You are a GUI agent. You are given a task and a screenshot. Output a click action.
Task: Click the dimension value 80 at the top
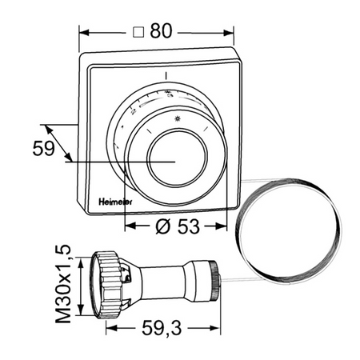click(161, 30)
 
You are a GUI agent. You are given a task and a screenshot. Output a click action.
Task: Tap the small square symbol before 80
click(138, 32)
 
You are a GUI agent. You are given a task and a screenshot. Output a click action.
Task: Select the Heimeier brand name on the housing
click(115, 202)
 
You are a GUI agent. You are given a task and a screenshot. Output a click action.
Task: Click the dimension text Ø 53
click(178, 226)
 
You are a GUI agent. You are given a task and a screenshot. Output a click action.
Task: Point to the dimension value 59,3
click(162, 328)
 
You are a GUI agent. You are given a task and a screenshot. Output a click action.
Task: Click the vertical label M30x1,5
click(63, 284)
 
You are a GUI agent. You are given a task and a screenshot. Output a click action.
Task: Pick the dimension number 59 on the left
click(43, 148)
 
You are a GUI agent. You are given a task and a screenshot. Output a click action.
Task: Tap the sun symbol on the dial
click(178, 118)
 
